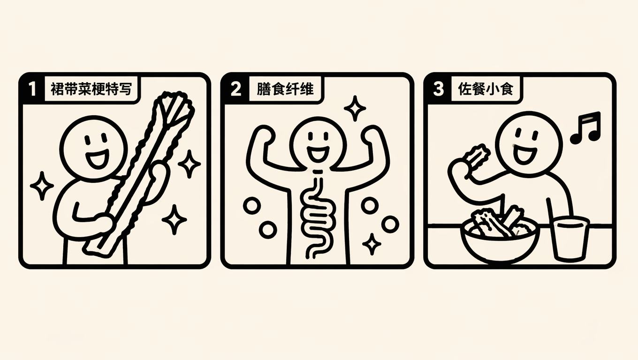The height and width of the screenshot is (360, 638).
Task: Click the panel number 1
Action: (x=32, y=89)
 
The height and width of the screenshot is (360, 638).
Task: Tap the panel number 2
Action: (x=235, y=89)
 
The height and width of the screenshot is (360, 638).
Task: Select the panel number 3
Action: (x=438, y=89)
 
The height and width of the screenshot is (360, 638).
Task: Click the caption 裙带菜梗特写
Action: (x=91, y=89)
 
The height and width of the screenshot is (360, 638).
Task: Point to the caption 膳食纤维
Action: (x=285, y=89)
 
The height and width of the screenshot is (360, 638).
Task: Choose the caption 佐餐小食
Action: (x=486, y=89)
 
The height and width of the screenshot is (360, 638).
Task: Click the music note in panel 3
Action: (x=587, y=127)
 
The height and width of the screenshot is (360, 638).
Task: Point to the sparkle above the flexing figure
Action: (x=355, y=108)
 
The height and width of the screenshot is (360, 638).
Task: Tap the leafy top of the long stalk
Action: (x=174, y=108)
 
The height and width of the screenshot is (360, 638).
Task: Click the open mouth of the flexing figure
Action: (x=318, y=154)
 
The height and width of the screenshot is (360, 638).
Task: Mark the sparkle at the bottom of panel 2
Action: (x=372, y=244)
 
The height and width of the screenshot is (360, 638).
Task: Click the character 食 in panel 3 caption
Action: (x=506, y=89)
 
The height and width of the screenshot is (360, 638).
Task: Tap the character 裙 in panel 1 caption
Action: (x=57, y=89)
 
